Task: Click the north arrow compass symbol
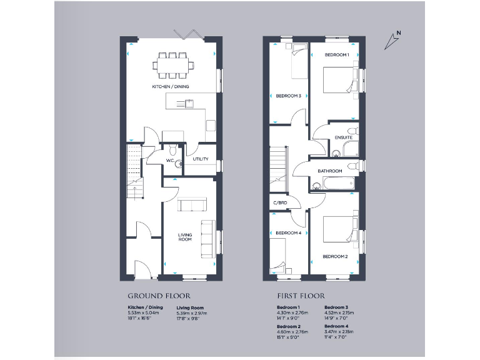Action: tap(392, 40)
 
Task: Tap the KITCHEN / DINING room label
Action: tap(170, 86)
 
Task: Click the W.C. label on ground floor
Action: tap(169, 161)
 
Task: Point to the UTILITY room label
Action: tap(201, 159)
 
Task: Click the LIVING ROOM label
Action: tap(185, 237)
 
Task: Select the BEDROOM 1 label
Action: tap(336, 55)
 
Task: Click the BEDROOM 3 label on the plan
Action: tap(289, 96)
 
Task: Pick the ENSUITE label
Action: tap(343, 137)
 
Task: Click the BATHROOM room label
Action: tap(329, 171)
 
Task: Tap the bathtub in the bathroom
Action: tap(332, 184)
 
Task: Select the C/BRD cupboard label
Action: tap(279, 203)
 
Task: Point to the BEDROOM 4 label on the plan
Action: tap(288, 233)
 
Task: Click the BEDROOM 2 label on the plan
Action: tap(335, 256)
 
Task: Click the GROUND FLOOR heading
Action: tap(159, 296)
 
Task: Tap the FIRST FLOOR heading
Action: tap(301, 296)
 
